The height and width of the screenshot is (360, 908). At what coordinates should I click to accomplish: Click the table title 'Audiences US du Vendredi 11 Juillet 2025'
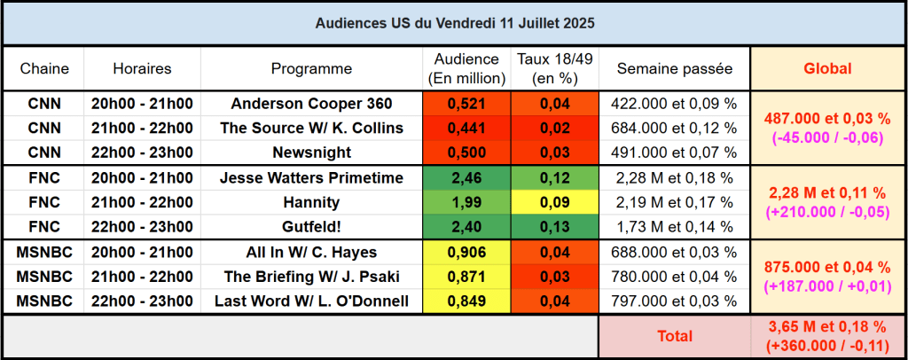coord(454,23)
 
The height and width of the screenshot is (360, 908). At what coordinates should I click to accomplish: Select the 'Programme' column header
coord(311,68)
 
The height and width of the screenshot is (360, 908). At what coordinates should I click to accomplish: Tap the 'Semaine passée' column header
coord(674,68)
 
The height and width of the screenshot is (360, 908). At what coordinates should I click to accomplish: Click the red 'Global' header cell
coord(826,68)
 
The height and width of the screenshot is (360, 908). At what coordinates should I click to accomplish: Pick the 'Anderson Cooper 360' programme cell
coord(311,104)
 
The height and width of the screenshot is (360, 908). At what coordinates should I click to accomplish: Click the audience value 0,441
coord(466,128)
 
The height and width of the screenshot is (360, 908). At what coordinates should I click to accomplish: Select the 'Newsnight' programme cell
coord(311,152)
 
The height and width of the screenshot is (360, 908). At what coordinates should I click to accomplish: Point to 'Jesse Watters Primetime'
coord(311,178)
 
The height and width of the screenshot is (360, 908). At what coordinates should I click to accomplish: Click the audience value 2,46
coord(466,178)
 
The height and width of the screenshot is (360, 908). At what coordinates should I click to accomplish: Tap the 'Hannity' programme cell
coord(311,202)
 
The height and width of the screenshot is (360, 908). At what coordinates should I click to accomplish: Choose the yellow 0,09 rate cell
coord(555,202)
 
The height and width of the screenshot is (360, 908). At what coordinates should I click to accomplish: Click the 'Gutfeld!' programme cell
coord(311,226)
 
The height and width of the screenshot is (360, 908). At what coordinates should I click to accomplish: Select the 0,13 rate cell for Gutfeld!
coord(555,226)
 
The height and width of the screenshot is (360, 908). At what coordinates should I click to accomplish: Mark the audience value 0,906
coord(466,253)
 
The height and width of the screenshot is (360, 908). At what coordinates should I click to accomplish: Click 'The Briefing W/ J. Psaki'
coord(311,277)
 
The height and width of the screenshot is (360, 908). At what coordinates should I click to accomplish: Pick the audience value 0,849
coord(466,301)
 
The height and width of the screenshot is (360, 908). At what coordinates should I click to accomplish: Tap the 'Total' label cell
coord(674,336)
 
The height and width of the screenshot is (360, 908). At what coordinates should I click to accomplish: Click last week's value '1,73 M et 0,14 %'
coord(674,226)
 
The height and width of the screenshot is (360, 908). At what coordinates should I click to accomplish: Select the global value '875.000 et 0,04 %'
coord(826,267)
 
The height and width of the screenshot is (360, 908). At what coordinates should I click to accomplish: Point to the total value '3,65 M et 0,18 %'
coord(826,326)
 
